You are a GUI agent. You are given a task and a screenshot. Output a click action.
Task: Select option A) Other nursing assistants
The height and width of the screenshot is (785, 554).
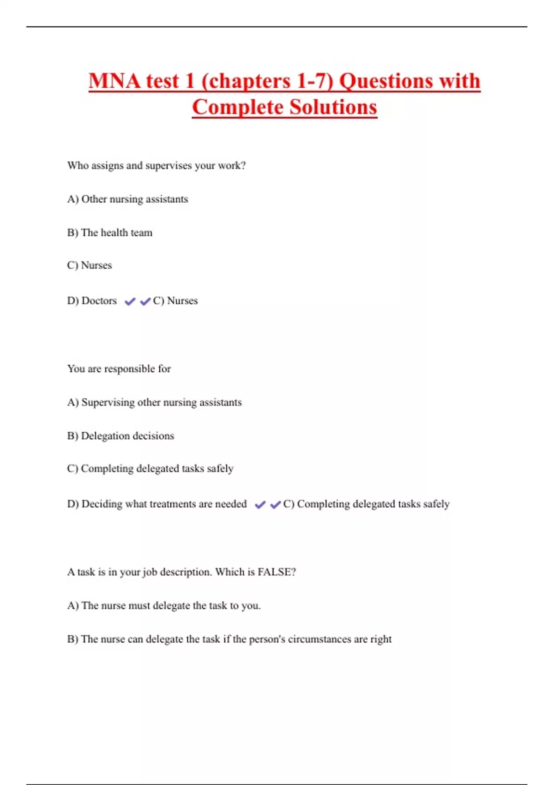click(x=127, y=199)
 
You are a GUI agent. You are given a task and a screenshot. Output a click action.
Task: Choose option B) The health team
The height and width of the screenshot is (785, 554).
click(x=109, y=233)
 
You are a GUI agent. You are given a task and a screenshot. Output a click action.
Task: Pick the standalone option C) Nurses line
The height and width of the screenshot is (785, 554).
click(x=90, y=266)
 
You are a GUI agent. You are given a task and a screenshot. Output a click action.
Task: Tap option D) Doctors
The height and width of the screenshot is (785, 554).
click(x=92, y=301)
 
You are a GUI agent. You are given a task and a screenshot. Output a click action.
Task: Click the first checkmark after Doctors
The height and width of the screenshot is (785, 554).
click(x=130, y=302)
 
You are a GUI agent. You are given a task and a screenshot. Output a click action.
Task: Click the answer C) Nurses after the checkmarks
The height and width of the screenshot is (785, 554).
click(x=175, y=301)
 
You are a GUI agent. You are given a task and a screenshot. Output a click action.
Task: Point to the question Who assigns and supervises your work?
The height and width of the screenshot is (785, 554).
click(x=157, y=166)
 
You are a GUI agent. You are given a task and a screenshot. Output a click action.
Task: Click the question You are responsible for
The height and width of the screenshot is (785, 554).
click(x=119, y=369)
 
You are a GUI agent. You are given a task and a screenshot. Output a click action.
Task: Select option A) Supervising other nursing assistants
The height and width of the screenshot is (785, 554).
click(x=154, y=403)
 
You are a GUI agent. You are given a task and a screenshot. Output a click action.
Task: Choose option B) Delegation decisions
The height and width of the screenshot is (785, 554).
click(x=120, y=436)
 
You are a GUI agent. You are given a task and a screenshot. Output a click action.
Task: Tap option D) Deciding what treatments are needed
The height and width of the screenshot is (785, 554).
click(x=157, y=504)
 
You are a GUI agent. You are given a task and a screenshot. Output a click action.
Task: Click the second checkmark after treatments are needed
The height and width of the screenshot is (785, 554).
click(x=276, y=505)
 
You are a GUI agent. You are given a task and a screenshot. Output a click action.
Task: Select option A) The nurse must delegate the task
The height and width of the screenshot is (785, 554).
click(x=164, y=606)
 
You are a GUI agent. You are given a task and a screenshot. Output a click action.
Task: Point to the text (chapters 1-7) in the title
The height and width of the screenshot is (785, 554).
click(x=267, y=81)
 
